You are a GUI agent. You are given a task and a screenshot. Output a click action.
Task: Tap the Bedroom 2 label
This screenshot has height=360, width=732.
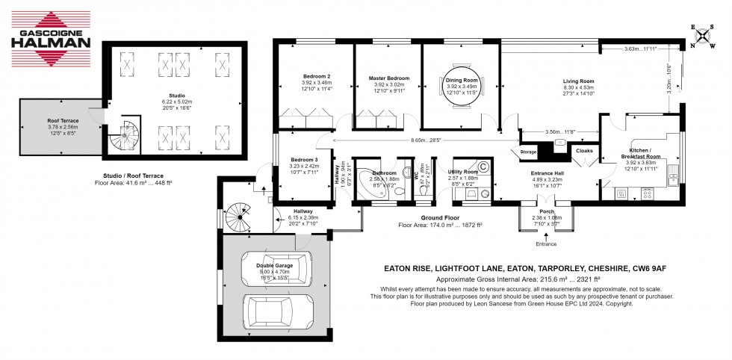point(317,76)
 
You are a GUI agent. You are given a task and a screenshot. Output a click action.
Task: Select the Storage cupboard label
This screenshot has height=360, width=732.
point(529,152)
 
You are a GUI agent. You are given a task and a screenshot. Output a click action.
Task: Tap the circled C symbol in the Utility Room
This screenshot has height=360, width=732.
point(483,166)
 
